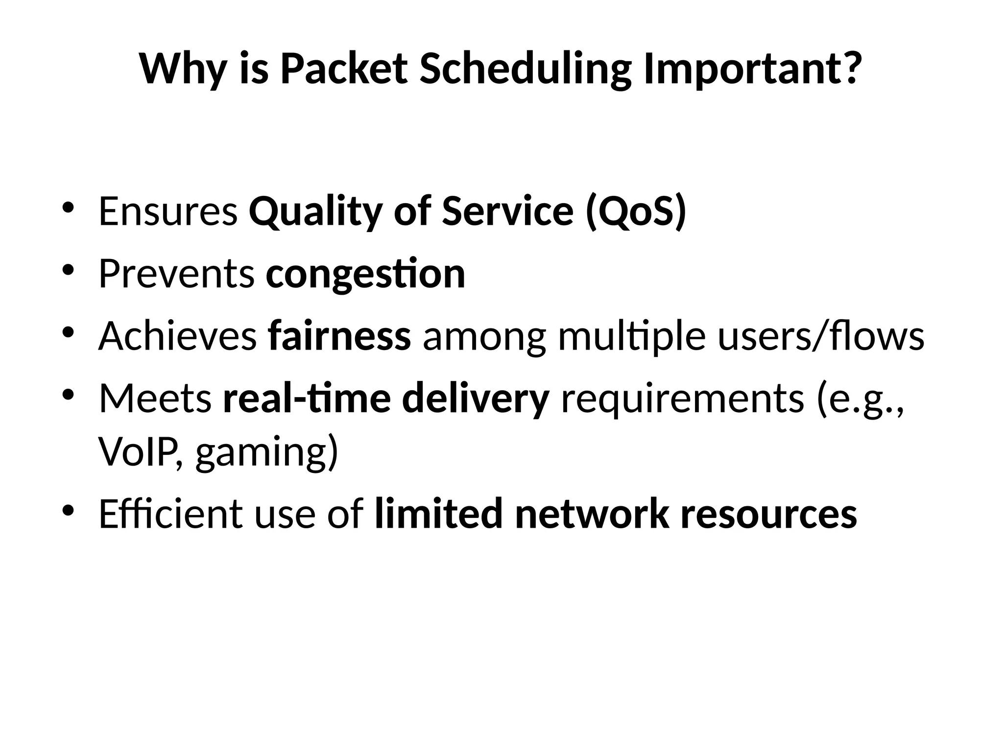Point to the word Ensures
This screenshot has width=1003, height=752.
(x=168, y=211)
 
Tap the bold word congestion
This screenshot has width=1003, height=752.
(x=365, y=274)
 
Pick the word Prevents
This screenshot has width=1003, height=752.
(x=176, y=274)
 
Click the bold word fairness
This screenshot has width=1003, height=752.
(x=339, y=337)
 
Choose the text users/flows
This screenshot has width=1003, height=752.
(x=821, y=337)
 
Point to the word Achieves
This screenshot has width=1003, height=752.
(x=177, y=337)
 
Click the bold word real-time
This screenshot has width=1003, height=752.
(x=307, y=399)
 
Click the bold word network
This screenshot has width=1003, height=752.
(x=592, y=514)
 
